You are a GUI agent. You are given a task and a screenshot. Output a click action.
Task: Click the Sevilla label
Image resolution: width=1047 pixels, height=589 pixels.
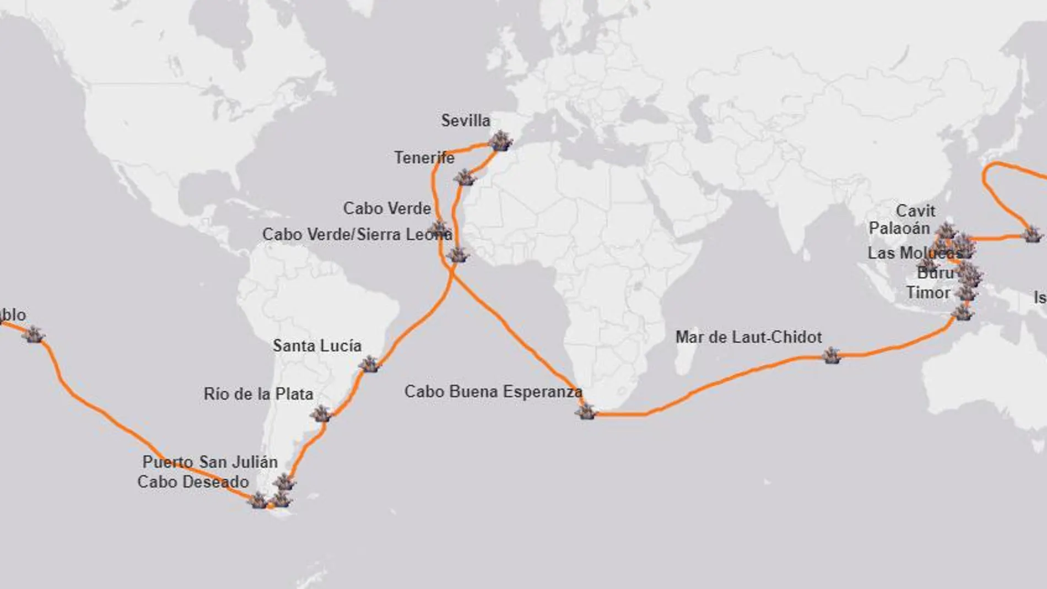[466, 121]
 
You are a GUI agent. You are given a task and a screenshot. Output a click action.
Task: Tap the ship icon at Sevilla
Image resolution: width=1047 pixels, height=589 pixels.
[500, 141]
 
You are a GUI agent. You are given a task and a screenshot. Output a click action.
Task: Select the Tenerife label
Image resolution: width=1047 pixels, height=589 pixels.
[424, 158]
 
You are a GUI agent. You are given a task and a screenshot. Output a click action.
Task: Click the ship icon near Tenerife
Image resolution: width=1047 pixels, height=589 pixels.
[465, 177]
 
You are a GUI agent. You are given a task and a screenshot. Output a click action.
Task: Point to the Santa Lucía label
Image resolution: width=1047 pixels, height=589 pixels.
[317, 346]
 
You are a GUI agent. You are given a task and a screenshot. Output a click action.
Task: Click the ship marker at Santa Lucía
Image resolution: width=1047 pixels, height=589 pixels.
[369, 364]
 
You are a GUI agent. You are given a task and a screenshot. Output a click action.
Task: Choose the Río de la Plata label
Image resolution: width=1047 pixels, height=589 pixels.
[258, 394]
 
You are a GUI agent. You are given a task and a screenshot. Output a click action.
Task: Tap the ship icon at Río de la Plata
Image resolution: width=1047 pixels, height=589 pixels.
[321, 413]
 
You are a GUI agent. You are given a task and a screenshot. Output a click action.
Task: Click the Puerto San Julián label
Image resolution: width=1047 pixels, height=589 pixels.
[210, 462]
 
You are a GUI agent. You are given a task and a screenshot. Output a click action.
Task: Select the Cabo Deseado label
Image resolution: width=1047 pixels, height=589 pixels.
[193, 482]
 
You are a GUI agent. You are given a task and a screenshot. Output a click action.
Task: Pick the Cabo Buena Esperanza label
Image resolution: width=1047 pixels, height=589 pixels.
[493, 392]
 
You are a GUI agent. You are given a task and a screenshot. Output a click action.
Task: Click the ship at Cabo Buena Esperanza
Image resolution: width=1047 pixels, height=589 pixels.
[586, 411]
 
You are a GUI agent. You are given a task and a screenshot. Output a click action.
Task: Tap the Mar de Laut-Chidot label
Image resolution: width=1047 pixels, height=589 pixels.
[748, 337]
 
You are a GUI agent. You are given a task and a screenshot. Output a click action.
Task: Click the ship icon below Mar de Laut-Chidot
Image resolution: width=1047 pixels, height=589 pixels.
[832, 355]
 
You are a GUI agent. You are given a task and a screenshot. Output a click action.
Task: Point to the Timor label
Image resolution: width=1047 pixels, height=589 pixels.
[928, 293]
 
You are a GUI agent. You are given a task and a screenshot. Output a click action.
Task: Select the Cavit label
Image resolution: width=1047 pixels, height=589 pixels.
[915, 211]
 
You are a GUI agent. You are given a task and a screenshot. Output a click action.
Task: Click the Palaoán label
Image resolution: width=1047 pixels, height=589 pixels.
[899, 228]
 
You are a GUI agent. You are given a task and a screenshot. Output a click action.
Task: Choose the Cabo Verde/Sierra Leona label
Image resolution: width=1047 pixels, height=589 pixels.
[357, 235]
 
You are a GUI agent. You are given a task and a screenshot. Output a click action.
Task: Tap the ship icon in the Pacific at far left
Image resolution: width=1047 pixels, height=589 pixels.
[34, 334]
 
